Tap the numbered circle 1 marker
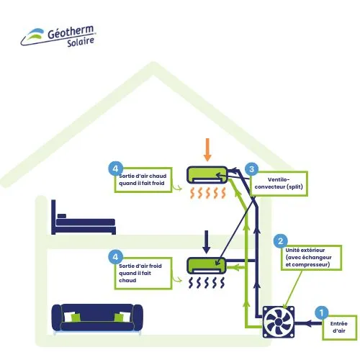[x=323, y=312]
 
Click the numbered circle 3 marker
[x=251, y=168]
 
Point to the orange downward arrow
[x=207, y=148]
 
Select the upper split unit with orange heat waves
[x=207, y=174]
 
